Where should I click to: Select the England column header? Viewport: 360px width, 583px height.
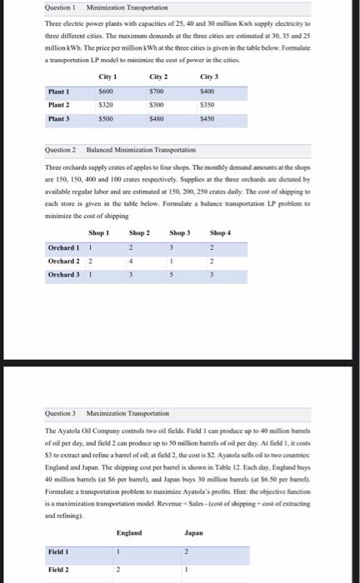click(x=129, y=509)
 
